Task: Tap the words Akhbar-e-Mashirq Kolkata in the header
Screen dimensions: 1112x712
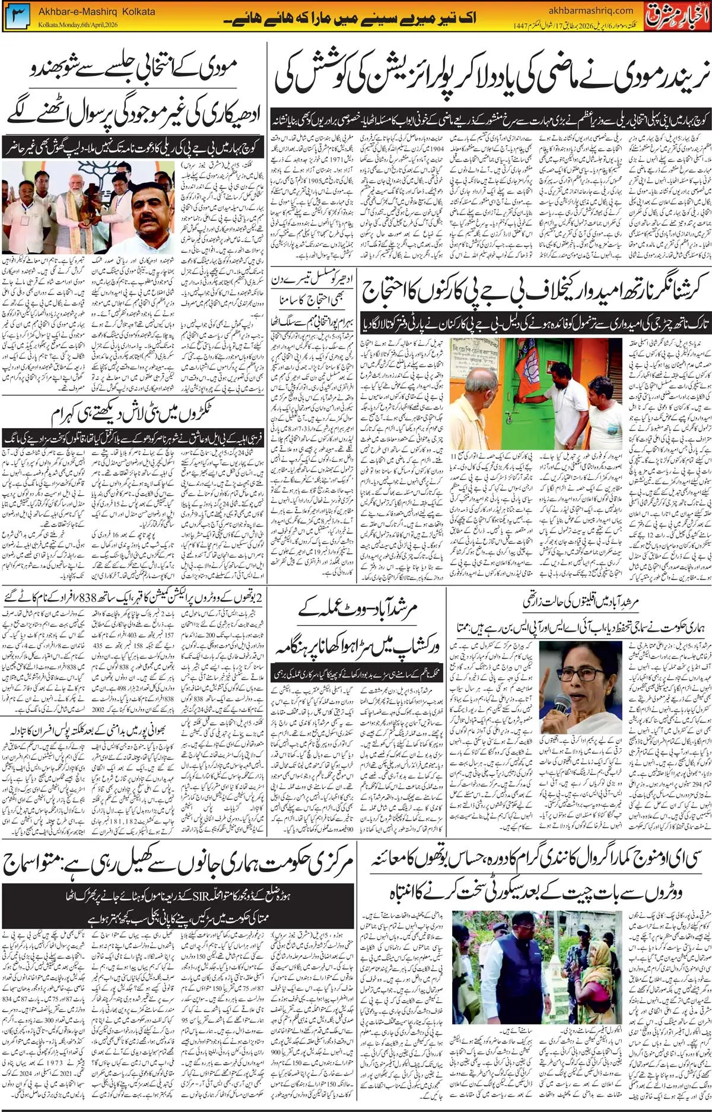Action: [x=97, y=11]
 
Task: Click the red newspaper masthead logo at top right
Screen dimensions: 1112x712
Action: [x=678, y=15]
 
